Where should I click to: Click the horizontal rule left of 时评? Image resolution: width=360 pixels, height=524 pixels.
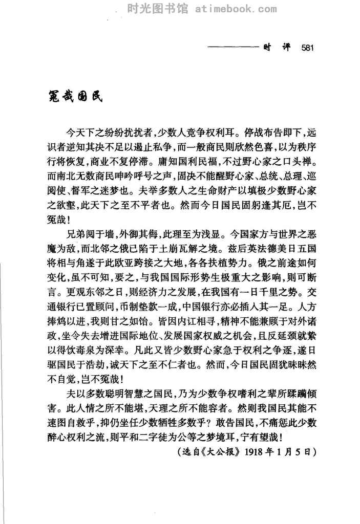[x=234, y=49]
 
